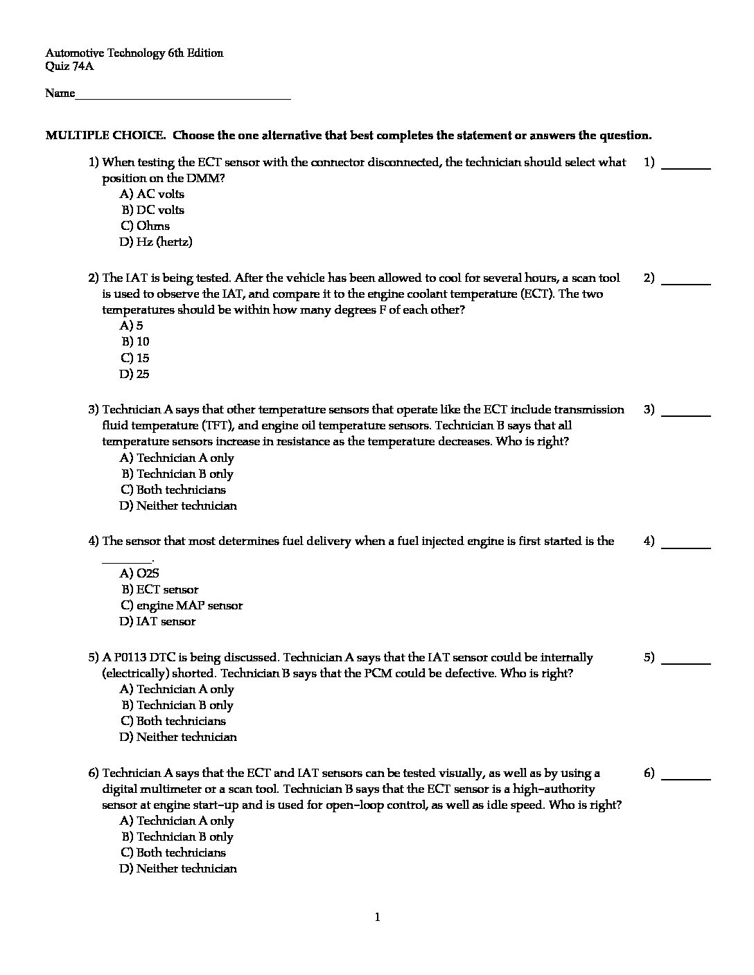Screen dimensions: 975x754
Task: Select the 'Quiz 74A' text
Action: tap(69, 67)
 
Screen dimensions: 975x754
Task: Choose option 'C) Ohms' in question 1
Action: tap(145, 226)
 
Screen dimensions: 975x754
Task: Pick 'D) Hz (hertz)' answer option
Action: tap(156, 242)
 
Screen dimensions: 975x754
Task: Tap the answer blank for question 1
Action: tap(686, 167)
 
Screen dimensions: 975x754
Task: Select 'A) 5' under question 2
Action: tap(132, 325)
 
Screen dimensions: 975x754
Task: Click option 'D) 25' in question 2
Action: tap(134, 374)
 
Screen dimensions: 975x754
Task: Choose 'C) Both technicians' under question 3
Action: tap(173, 490)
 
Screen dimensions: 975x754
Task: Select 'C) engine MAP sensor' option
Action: tap(182, 605)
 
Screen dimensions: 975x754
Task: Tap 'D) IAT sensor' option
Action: tap(158, 621)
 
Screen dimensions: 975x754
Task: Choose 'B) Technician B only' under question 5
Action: tap(177, 705)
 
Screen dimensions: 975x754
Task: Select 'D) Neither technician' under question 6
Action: tap(178, 868)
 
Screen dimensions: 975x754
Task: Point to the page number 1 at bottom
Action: tap(377, 918)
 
